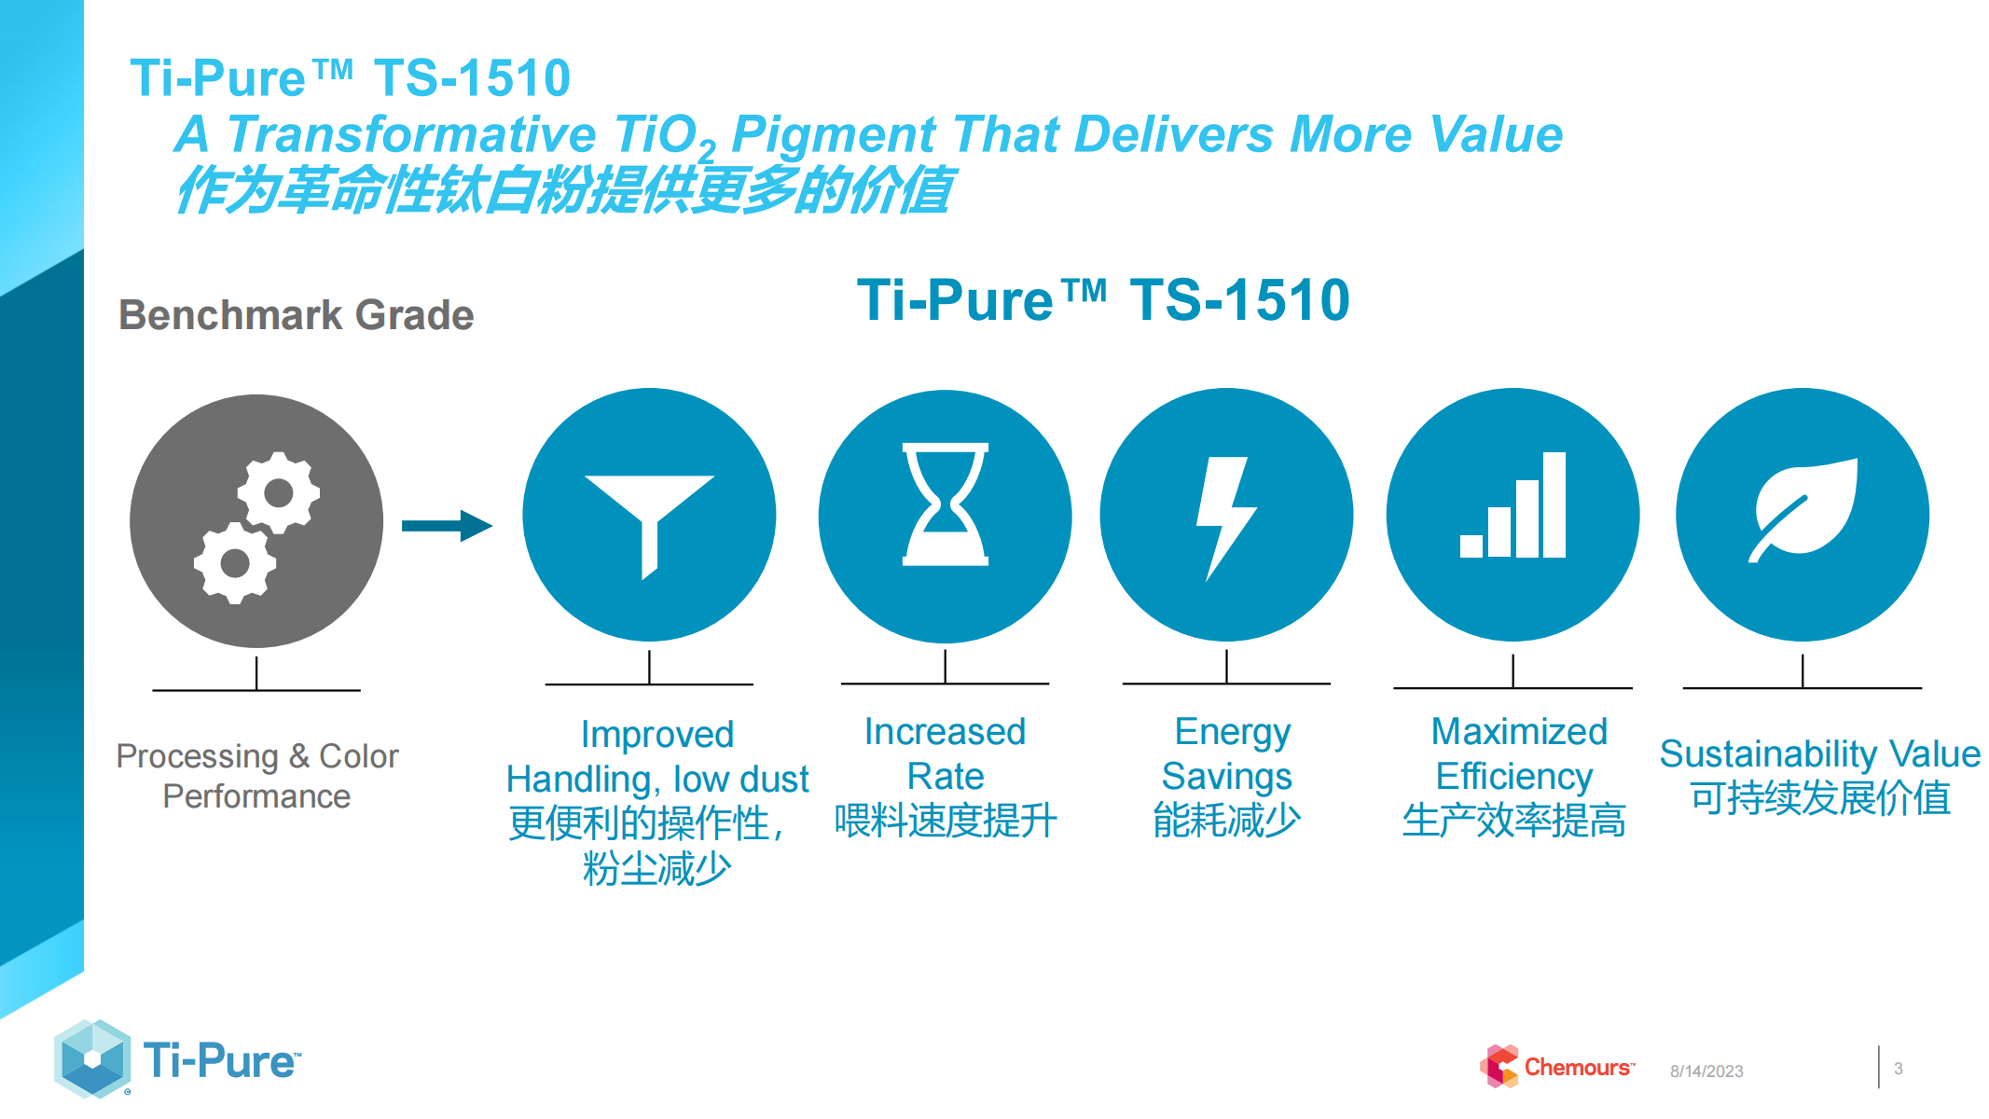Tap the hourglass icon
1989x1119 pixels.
(x=945, y=504)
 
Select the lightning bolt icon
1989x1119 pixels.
(x=1226, y=518)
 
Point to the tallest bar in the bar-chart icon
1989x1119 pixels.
(x=1554, y=504)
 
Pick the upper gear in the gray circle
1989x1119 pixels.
(x=278, y=492)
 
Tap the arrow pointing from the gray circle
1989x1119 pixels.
(x=447, y=526)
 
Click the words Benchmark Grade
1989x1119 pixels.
(x=297, y=315)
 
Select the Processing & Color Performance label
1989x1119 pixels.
(x=256, y=776)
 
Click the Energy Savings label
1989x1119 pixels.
(x=1228, y=753)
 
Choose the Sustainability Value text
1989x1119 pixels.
(x=1819, y=753)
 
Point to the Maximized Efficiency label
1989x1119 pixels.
(x=1516, y=753)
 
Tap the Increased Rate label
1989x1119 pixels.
(x=945, y=753)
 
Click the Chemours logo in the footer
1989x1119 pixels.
(x=1556, y=1066)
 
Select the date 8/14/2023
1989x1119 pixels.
(x=1706, y=1071)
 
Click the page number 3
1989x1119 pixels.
(x=1899, y=1069)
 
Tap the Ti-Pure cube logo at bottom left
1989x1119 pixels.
(x=92, y=1058)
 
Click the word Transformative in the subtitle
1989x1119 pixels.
(x=411, y=134)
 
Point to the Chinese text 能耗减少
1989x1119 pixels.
(x=1226, y=821)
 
